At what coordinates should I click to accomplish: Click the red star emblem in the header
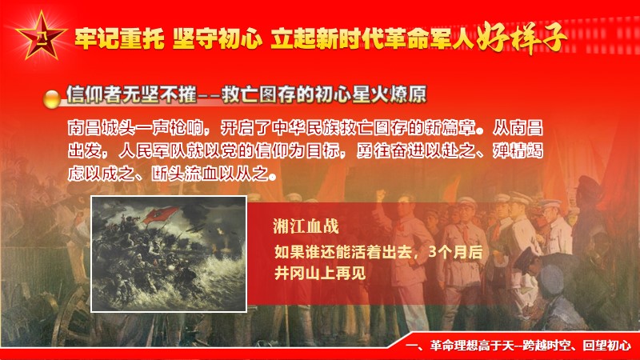click(42, 37)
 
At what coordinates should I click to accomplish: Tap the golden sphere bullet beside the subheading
click(52, 98)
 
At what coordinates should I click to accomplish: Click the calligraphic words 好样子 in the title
click(522, 38)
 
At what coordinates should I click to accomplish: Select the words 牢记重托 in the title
click(119, 38)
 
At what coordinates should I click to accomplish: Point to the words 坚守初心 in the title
click(217, 38)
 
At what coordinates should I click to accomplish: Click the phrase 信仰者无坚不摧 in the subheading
click(132, 94)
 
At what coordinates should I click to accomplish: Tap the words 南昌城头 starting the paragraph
click(102, 128)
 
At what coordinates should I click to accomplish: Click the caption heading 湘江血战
click(306, 226)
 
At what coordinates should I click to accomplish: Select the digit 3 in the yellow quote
click(433, 251)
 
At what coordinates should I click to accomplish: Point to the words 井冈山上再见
click(320, 273)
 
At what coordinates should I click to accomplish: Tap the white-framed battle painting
click(169, 254)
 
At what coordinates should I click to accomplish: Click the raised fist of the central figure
click(381, 195)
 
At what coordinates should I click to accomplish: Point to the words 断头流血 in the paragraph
click(185, 174)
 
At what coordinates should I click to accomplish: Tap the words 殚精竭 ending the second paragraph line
click(518, 151)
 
